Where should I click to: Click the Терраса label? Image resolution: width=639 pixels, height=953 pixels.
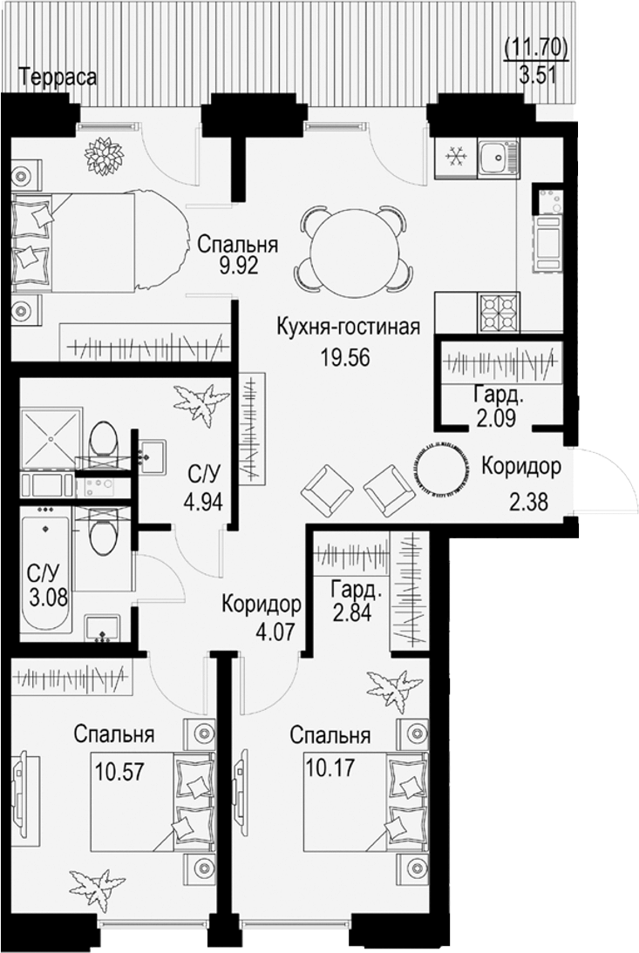click(x=58, y=77)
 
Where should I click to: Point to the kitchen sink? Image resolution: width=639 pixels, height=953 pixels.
click(x=499, y=157)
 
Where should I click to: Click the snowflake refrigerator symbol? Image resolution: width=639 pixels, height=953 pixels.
click(x=453, y=157)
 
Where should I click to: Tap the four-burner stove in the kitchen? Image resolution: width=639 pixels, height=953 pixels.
click(x=499, y=310)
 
